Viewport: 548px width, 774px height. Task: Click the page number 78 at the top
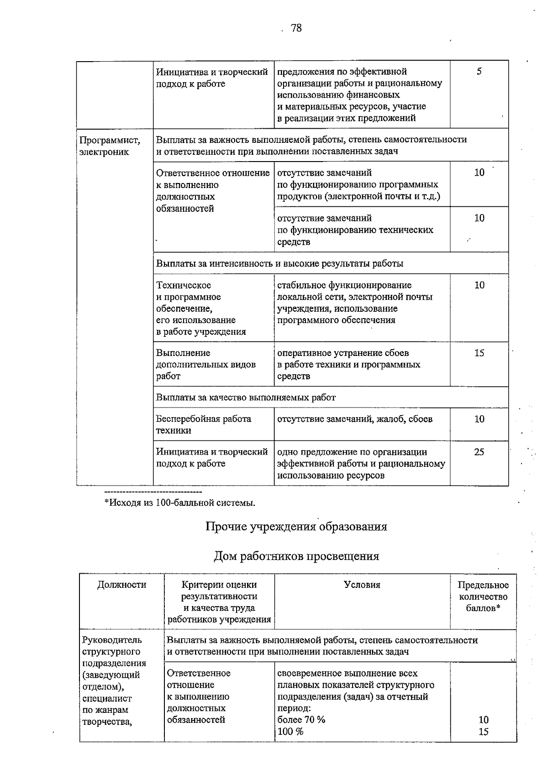pos(296,28)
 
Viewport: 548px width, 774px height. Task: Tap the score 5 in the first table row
pos(479,72)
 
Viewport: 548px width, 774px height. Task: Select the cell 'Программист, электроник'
pos(110,146)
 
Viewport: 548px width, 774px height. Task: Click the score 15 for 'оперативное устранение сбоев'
pos(479,353)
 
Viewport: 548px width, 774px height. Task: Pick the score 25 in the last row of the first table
pos(479,452)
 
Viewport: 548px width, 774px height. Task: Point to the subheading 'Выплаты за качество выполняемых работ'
pos(246,397)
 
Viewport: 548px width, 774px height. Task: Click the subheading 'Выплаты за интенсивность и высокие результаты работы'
pos(279,263)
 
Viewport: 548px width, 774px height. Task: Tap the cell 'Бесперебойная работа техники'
pos(204,424)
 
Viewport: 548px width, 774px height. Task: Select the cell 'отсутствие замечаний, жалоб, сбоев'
pos(355,419)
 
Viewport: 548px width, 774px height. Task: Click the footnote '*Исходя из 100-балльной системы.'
pos(180,503)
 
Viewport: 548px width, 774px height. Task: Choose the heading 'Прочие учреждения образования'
pos(296,527)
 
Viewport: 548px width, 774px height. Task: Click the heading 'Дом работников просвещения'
pos(296,556)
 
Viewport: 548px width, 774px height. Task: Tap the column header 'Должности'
pos(121,585)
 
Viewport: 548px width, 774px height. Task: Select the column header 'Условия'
pos(362,585)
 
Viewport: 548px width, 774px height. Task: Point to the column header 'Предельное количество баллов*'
pos(483,596)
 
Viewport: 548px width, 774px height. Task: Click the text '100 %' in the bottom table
pos(290,732)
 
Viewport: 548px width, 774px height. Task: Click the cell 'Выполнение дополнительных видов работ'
pos(205,364)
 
